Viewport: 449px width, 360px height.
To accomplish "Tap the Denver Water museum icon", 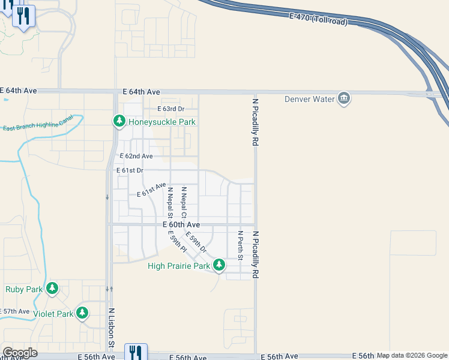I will [x=344, y=98].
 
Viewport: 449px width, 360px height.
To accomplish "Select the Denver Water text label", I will [x=310, y=99].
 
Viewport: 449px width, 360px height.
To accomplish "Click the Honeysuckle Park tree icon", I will [x=119, y=122].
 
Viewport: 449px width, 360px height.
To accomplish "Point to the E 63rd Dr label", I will [x=170, y=109].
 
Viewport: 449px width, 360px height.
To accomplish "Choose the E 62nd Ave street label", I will [x=136, y=156].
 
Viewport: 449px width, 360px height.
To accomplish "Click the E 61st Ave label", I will [x=151, y=190].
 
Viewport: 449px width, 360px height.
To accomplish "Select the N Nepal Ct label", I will [x=184, y=202].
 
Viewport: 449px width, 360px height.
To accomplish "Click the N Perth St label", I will [x=240, y=245].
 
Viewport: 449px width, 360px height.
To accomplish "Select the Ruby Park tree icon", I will [x=52, y=289].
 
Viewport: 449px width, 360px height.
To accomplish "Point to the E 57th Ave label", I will [x=15, y=311].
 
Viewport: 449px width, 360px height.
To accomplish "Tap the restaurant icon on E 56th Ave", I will [x=136, y=352].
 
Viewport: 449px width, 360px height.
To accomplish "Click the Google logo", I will [x=20, y=353].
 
